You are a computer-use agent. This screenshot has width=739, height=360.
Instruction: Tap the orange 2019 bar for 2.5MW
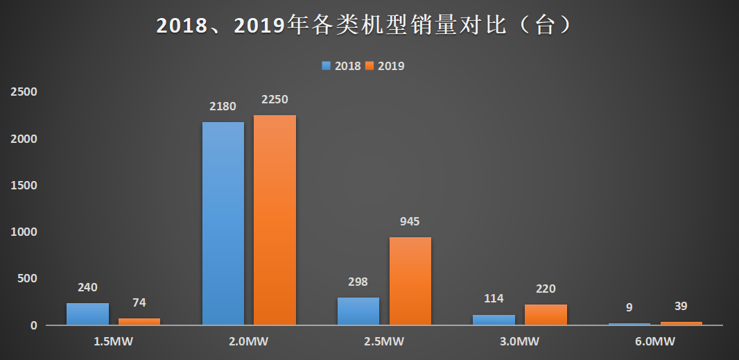(410, 281)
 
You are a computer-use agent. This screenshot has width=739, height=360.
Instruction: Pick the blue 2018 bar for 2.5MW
(358, 311)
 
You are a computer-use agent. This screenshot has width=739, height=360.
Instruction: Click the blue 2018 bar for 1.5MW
(87, 314)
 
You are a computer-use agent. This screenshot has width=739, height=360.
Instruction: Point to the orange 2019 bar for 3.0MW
(546, 315)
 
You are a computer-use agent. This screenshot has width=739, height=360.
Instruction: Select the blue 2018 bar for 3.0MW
(494, 320)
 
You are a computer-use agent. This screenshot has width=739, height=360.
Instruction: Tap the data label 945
(410, 222)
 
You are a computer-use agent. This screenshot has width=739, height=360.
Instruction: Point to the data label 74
(139, 302)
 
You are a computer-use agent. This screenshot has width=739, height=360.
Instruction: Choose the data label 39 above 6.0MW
(681, 307)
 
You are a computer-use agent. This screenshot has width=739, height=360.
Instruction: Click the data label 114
(494, 299)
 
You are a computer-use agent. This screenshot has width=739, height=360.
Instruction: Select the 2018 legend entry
(341, 66)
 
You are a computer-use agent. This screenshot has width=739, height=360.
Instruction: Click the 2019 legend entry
(385, 66)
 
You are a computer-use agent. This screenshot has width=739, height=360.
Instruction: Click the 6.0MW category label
(655, 341)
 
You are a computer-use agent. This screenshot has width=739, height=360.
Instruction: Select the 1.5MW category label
(113, 341)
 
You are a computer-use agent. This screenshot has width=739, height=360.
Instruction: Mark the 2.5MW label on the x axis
(384, 341)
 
